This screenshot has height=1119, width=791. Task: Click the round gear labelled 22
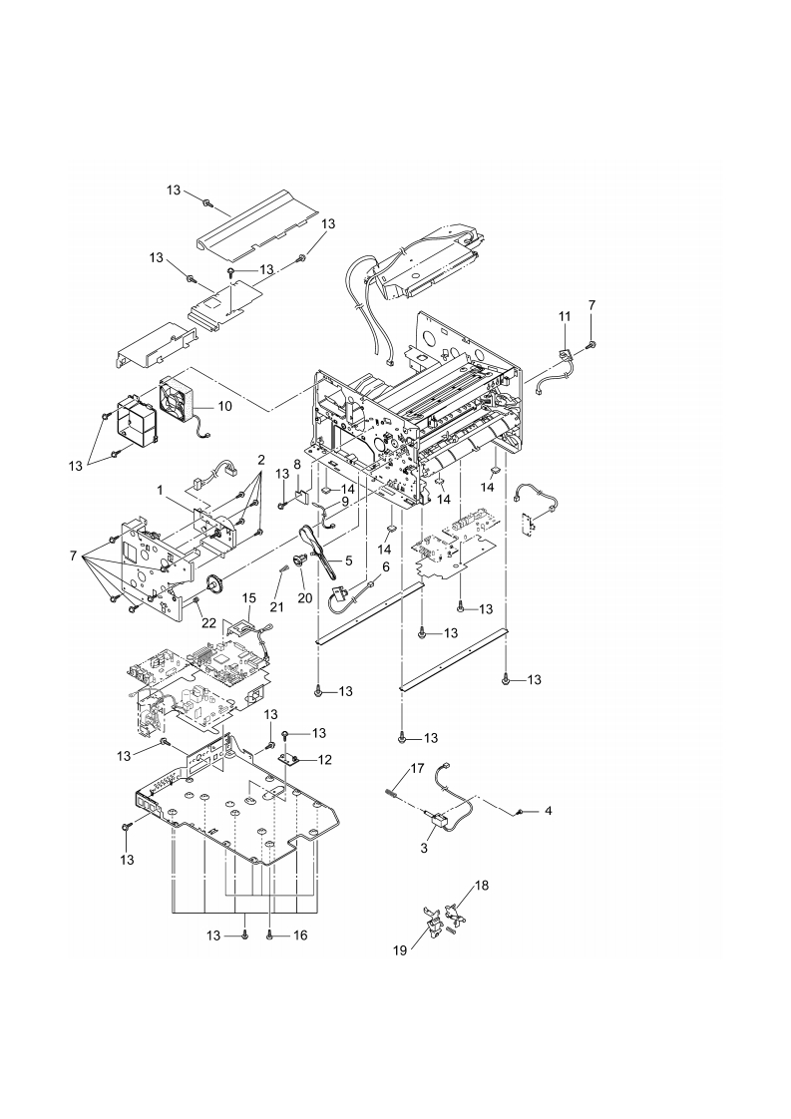pos(212,584)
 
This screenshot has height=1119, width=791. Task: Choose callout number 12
pos(325,760)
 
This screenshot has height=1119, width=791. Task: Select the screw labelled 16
pos(270,934)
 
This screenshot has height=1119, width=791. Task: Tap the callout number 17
pos(415,768)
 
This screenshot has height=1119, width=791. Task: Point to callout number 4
pos(547,812)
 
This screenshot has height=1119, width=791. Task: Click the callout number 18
pos(482,885)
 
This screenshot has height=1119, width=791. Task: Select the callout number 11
pos(564,316)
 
